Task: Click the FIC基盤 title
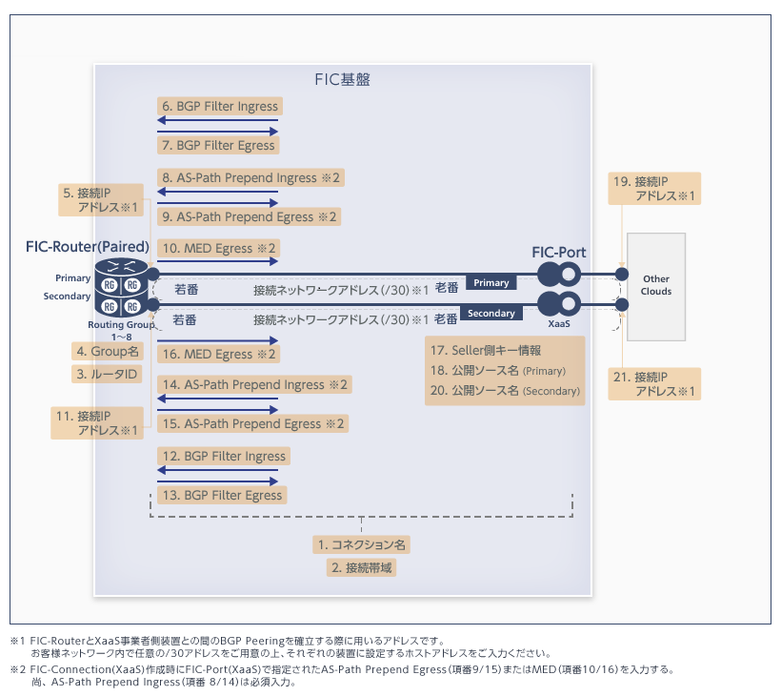click(342, 79)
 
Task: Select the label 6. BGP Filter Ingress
click(220, 107)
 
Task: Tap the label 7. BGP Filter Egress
click(218, 145)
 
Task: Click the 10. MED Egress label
click(219, 249)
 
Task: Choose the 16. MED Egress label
click(219, 355)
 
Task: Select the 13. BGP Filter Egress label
click(222, 496)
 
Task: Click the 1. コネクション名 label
click(362, 545)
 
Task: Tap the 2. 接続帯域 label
click(362, 568)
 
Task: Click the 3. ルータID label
click(108, 375)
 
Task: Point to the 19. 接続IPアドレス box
click(654, 189)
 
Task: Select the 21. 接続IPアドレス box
click(654, 385)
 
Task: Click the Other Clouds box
click(656, 285)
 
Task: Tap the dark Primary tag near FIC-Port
click(491, 282)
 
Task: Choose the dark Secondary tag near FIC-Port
click(491, 313)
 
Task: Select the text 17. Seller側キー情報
click(485, 350)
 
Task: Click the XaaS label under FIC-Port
click(559, 325)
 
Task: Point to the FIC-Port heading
click(559, 253)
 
